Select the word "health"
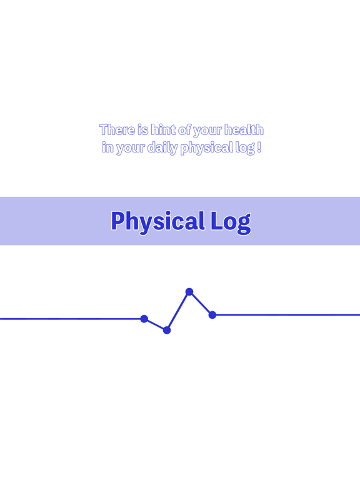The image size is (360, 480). [244, 130]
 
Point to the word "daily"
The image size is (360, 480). [162, 149]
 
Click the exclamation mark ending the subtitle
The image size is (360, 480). [259, 148]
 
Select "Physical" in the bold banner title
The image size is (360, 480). [157, 221]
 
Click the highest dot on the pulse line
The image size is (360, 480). [189, 292]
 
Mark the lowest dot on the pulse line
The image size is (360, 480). [167, 330]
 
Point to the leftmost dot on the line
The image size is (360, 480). [144, 319]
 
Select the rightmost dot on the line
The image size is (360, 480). [212, 315]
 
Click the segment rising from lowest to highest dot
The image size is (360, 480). [178, 311]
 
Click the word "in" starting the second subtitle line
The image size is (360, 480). [107, 149]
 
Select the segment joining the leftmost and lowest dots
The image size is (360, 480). [156, 324]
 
